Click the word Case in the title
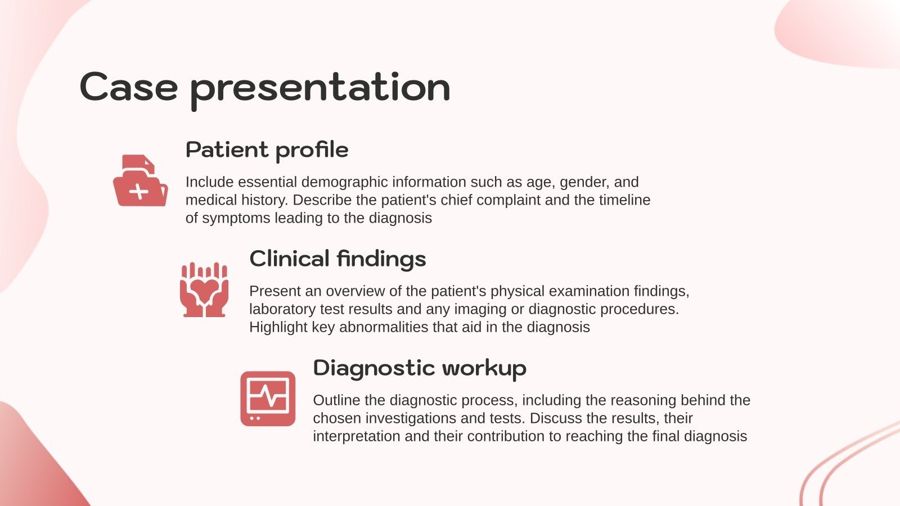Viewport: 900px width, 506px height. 129,87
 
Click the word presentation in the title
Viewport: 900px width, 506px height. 320,89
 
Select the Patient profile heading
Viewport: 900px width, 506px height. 267,150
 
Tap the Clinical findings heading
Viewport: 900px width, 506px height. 337,259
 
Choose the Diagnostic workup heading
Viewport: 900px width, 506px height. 420,368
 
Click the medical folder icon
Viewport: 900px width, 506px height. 140,180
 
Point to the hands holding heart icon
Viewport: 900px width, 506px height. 204,290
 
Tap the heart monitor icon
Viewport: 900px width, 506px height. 268,399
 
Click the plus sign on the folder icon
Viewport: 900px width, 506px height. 138,192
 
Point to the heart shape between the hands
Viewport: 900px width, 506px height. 204,289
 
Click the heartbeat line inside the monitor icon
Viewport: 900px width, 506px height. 268,395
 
